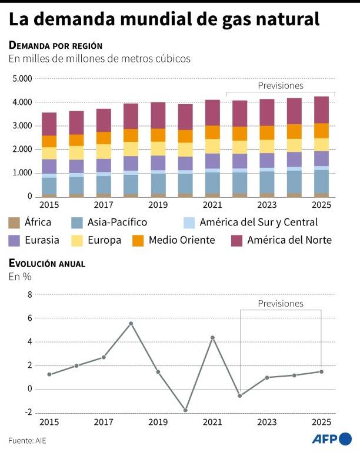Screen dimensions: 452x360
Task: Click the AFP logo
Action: [x=331, y=438]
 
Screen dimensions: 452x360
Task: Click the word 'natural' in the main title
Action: [x=286, y=19]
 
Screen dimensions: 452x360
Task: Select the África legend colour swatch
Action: [x=14, y=222]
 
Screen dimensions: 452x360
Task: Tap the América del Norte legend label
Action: [x=289, y=240]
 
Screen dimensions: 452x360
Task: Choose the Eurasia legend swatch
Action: [x=14, y=240]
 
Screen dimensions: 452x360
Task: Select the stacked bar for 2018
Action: [x=131, y=150]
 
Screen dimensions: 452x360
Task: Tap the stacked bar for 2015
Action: [x=49, y=154]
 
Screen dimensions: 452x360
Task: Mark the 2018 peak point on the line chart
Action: [x=131, y=323]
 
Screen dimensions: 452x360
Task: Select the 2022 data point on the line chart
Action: [x=239, y=395]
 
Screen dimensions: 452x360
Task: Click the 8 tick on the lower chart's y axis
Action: [x=29, y=294]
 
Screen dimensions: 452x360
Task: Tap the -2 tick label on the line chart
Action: [x=28, y=413]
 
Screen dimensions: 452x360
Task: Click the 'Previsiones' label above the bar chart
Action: [x=281, y=86]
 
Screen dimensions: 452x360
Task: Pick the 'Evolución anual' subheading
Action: [x=46, y=264]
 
